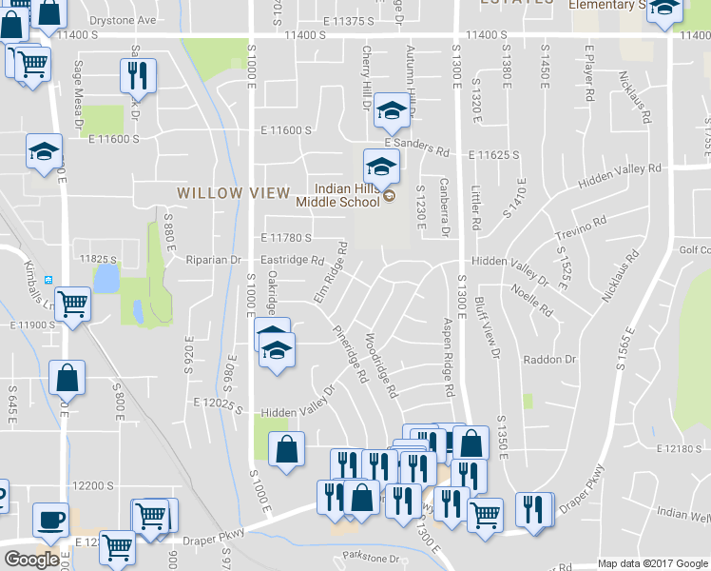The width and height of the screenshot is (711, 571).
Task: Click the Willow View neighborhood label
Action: coord(234,193)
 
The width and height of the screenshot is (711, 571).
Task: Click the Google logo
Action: coord(31,560)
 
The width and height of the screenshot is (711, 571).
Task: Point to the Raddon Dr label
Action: coord(550,360)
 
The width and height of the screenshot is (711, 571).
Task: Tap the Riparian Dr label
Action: coord(217,259)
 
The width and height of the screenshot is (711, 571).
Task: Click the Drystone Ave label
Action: coord(122,19)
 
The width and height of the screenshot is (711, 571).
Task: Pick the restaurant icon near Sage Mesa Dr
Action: coord(138,74)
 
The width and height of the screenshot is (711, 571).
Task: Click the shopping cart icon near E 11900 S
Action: coord(72,305)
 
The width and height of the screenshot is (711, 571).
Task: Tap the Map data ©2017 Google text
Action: coord(652,563)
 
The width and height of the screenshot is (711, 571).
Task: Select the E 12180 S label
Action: coord(682,446)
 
